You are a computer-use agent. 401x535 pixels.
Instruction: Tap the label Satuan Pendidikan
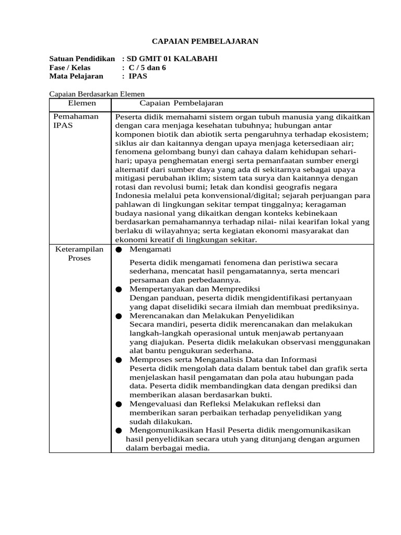(81, 59)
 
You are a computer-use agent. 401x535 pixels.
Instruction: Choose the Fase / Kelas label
(70, 67)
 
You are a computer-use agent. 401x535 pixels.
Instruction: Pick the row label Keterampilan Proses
(79, 253)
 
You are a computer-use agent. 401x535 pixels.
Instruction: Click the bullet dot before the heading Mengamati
(119, 250)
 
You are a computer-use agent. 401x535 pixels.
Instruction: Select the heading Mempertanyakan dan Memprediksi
(195, 288)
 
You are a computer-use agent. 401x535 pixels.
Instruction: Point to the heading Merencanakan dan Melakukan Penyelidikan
(212, 316)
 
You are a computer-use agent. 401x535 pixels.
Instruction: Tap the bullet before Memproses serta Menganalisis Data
(119, 360)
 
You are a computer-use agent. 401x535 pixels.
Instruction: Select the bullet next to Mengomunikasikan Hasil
(119, 431)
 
